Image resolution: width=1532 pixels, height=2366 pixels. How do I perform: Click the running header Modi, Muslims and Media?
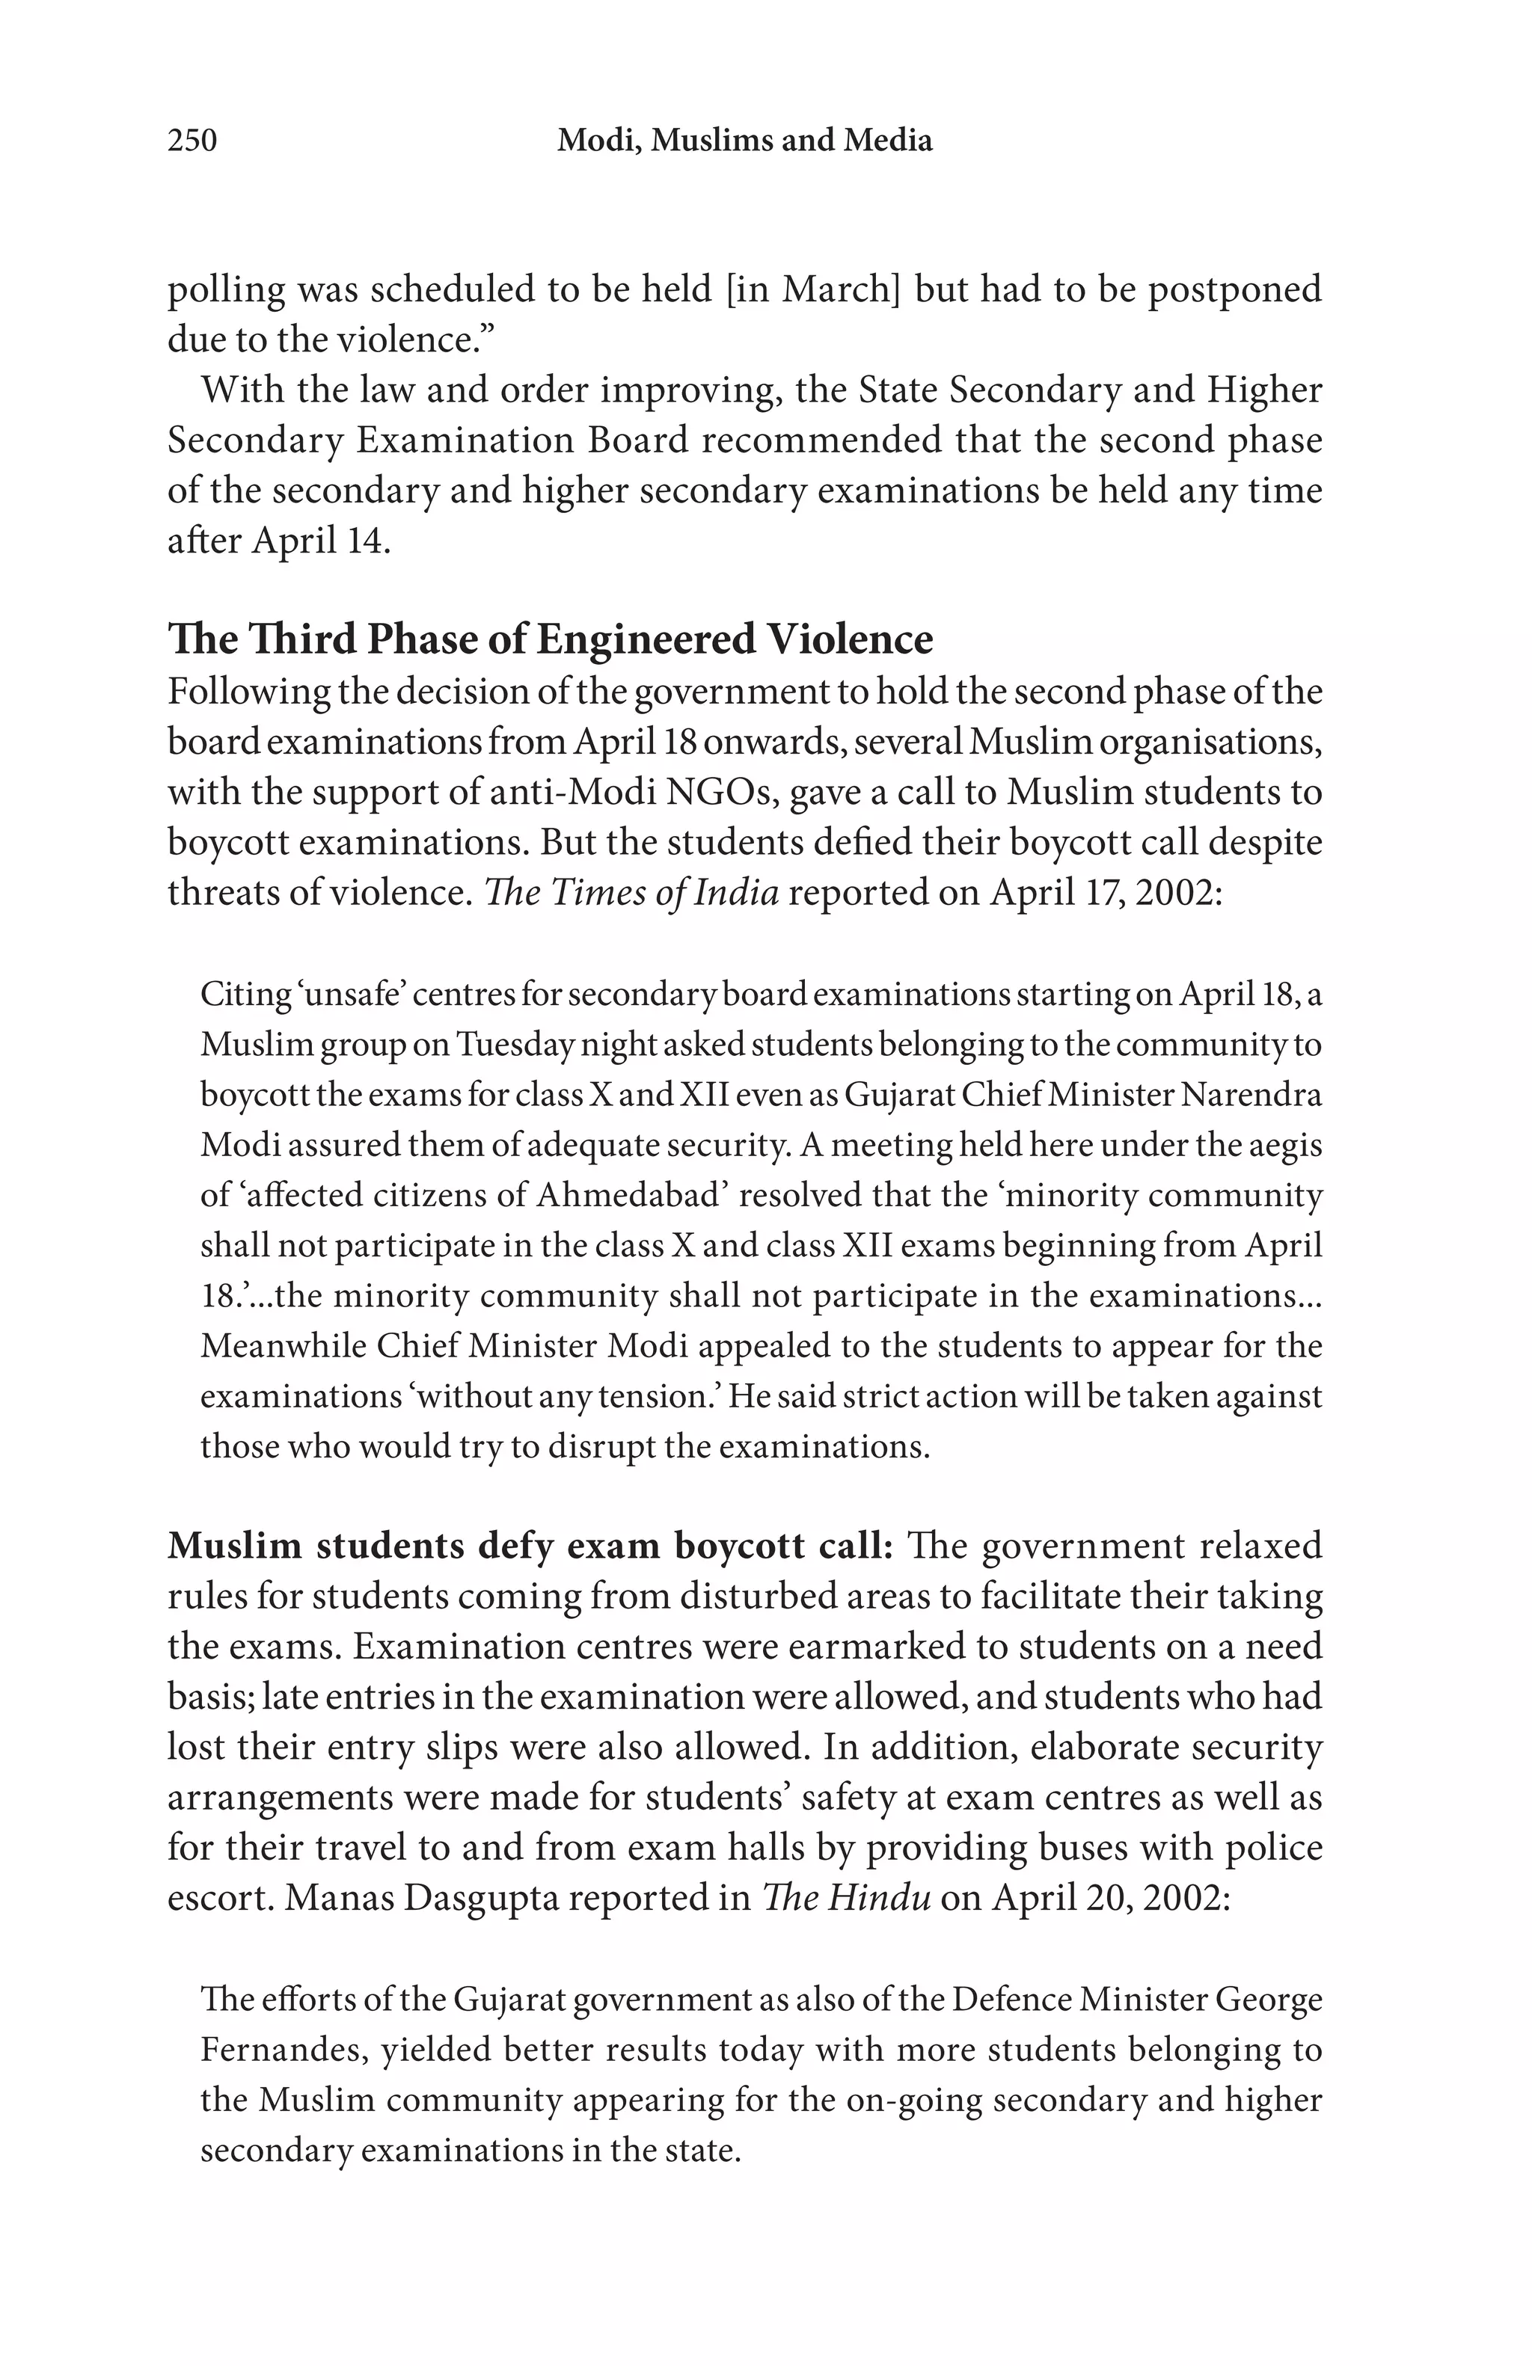744,140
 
